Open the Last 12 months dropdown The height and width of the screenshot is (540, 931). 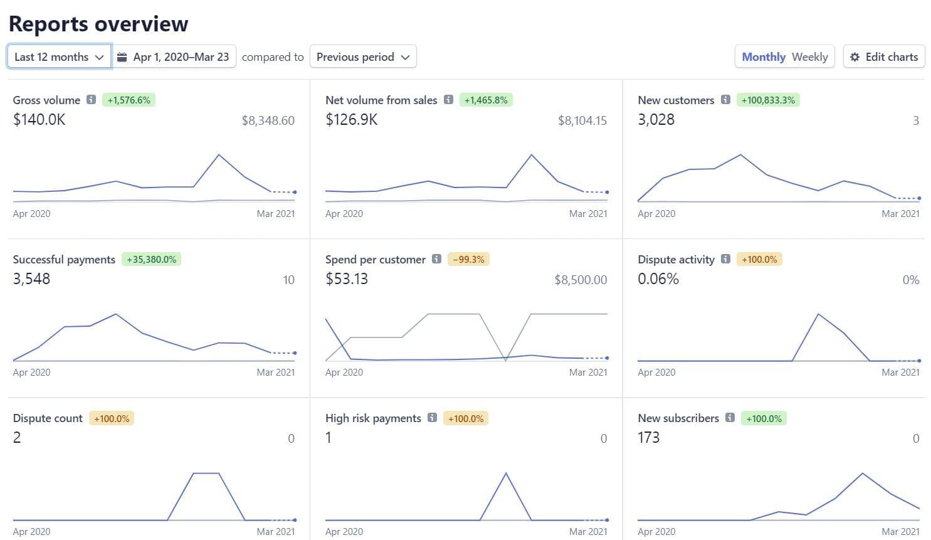point(59,56)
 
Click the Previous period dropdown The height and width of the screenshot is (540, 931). point(363,56)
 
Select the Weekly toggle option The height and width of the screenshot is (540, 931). point(809,56)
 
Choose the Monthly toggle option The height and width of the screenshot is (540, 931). point(763,56)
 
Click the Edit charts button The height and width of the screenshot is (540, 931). point(884,56)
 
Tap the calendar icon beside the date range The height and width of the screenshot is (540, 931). point(122,56)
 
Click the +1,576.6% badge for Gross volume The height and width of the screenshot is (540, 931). point(129,100)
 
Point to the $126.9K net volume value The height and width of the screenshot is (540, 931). point(351,119)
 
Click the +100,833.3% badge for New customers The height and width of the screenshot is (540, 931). point(767,100)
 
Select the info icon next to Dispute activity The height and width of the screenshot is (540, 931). point(725,259)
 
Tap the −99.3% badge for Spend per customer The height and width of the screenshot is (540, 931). point(468,259)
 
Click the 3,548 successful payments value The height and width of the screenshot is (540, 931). point(31,278)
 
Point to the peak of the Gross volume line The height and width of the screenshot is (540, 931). point(218,154)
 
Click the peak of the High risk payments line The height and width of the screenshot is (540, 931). point(506,473)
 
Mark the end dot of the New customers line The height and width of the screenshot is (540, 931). point(919,198)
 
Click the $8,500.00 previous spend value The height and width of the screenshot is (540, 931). point(581,280)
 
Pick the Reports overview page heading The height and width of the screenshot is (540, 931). point(98,24)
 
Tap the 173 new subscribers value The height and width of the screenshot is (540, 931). point(648,437)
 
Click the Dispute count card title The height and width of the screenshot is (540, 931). point(48,418)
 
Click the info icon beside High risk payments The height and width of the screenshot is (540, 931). point(432,418)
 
